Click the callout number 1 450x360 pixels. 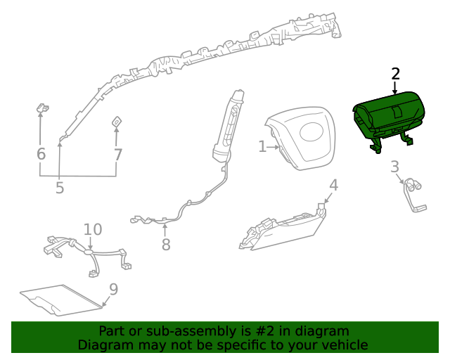[262, 146]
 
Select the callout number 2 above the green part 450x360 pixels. [395, 74]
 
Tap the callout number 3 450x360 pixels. [394, 167]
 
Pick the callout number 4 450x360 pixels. [334, 185]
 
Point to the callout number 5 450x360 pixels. [60, 188]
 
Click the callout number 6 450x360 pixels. [41, 154]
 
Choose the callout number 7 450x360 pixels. [117, 155]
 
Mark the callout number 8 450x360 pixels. [166, 245]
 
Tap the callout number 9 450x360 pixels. [113, 289]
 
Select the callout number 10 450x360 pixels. [93, 229]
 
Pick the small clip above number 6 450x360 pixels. [41, 108]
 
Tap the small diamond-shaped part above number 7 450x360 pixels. [117, 123]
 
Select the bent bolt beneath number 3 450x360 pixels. [413, 196]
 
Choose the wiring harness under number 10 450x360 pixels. [88, 253]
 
